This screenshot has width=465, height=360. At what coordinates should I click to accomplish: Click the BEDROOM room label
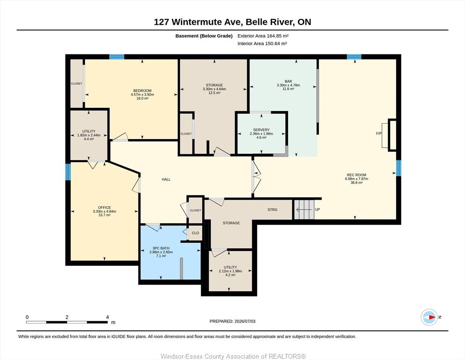pyautogui.click(x=142, y=90)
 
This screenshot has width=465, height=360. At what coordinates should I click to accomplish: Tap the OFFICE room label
pyautogui.click(x=104, y=208)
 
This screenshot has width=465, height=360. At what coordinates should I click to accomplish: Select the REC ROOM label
pyautogui.click(x=356, y=175)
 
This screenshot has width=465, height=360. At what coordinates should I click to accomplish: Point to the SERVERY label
pyautogui.click(x=261, y=130)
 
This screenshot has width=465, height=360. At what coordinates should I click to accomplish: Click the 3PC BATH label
pyautogui.click(x=161, y=248)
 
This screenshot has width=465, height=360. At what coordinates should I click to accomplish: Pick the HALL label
pyautogui.click(x=166, y=179)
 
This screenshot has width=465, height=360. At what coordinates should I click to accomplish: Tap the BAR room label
pyautogui.click(x=288, y=81)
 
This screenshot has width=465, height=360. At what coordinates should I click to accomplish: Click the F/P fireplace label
pyautogui.click(x=379, y=134)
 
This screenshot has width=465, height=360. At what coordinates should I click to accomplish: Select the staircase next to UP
pyautogui.click(x=304, y=210)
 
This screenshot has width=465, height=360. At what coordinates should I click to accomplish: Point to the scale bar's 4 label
pyautogui.click(x=107, y=317)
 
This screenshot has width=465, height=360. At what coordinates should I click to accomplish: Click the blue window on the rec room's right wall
pyautogui.click(x=399, y=168)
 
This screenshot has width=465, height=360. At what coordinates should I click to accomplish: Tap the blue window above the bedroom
pyautogui.click(x=117, y=57)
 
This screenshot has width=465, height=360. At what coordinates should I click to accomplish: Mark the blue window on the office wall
pyautogui.click(x=68, y=172)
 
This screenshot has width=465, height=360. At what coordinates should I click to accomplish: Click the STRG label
pyautogui.click(x=272, y=210)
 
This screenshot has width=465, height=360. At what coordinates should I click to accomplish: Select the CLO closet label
pyautogui.click(x=195, y=233)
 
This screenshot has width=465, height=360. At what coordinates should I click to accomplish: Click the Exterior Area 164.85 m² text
pyautogui.click(x=263, y=36)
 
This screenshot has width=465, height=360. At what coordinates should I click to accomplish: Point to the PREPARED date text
pyautogui.click(x=232, y=321)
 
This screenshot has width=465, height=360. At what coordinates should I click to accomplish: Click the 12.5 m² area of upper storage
pyautogui.click(x=214, y=93)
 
